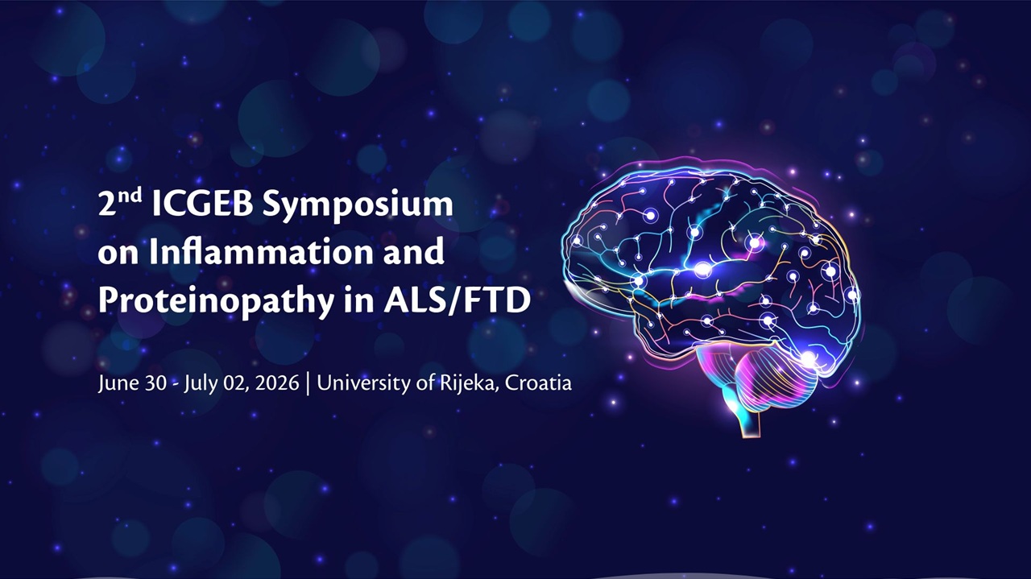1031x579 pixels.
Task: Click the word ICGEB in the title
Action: (x=202, y=204)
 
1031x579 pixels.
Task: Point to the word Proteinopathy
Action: (x=216, y=302)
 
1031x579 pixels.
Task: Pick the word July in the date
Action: (x=201, y=383)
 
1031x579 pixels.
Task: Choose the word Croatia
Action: (x=538, y=383)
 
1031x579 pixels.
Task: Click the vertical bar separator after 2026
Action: (x=308, y=384)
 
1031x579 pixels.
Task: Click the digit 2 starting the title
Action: (x=107, y=205)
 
